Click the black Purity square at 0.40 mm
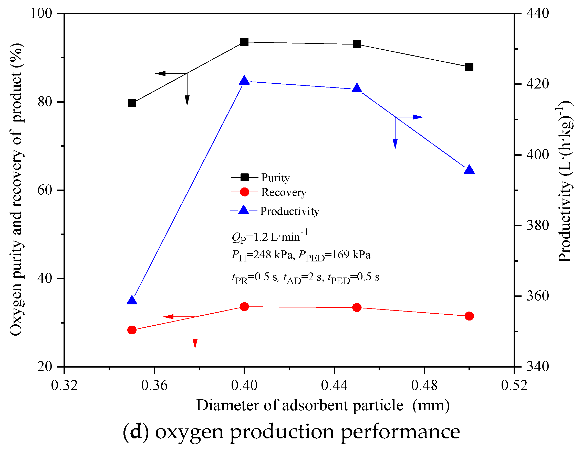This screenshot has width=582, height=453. pos(244,42)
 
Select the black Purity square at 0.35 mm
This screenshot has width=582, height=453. pos(132,103)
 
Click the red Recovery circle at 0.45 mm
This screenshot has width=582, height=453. pos(357,307)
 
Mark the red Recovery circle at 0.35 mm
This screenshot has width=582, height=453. pos(132,330)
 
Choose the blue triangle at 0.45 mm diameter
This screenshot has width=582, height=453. pos(357,89)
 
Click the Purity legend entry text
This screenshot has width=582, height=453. pos(275,178)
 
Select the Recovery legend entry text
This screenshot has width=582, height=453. pos(284,192)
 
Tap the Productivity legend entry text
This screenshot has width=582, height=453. pos(289,211)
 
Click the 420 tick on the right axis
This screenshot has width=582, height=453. pos(537,84)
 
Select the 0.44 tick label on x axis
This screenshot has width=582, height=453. pos(334,385)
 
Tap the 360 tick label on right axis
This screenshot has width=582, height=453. pos(537,296)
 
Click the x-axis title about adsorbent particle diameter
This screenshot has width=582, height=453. pos(323,406)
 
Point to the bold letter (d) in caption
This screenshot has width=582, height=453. pos(136,432)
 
